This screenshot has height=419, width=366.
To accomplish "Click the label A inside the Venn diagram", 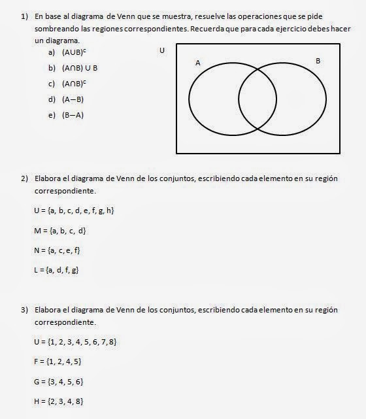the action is (197, 63).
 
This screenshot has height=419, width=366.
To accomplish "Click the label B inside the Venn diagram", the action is (318, 61).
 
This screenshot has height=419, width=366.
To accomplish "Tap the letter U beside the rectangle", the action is (161, 50).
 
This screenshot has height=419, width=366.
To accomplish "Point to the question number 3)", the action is (24, 309).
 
